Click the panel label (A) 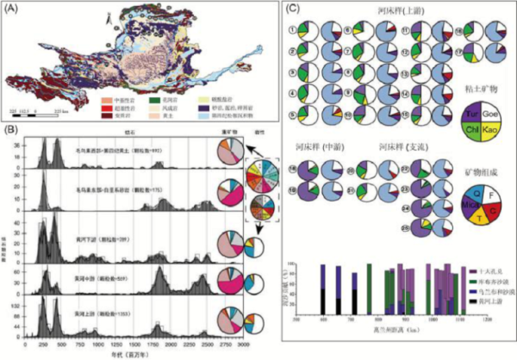pos(10,9)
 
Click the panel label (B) pos(10,129)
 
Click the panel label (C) pos(290,9)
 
